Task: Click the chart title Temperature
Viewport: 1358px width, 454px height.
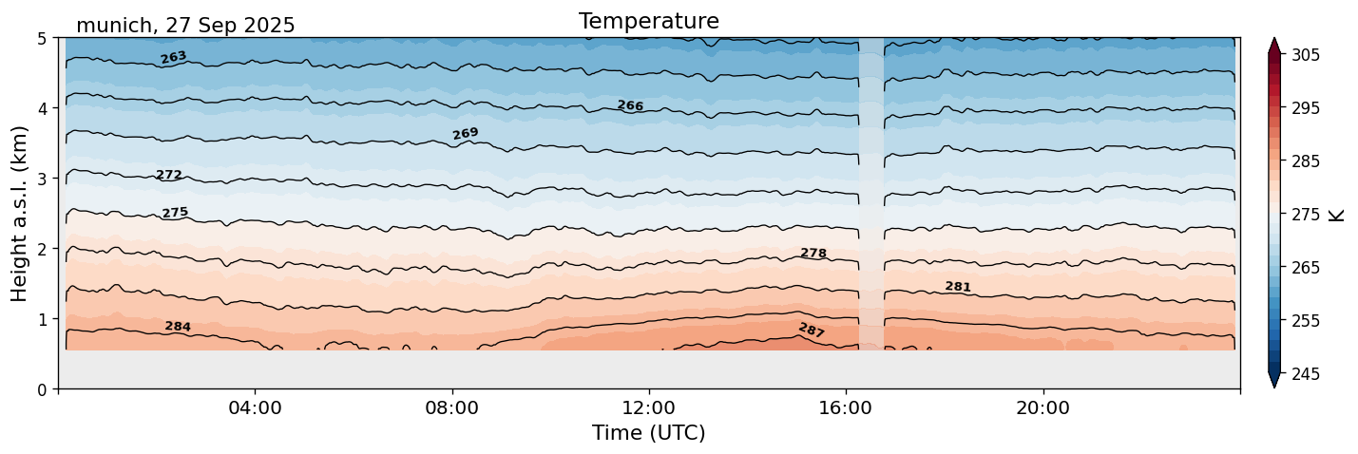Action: (648, 21)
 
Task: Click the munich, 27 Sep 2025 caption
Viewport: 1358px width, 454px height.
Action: (185, 26)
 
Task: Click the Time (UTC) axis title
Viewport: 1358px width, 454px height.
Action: (648, 433)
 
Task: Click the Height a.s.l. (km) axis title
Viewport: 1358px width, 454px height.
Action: (20, 214)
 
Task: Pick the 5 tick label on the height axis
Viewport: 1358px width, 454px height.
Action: (43, 39)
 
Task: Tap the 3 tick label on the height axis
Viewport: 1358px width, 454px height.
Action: (43, 179)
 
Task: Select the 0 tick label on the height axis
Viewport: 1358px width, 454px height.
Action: (43, 389)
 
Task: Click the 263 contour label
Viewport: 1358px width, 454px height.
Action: (173, 58)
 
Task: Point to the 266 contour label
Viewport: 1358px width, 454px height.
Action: (630, 106)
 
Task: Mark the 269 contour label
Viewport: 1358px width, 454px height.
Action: (466, 134)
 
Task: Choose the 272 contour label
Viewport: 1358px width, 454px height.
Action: (168, 175)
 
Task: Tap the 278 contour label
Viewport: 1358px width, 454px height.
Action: (813, 254)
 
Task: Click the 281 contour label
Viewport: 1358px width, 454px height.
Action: (958, 287)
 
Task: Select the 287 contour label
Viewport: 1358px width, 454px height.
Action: (812, 331)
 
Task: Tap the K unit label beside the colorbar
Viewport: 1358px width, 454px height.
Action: (1337, 215)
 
